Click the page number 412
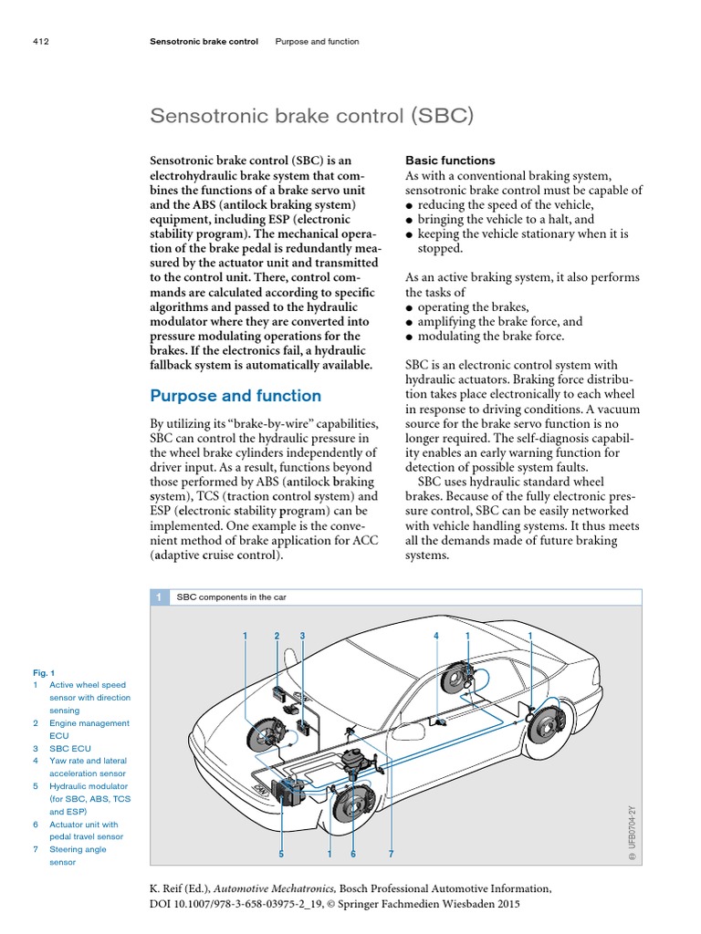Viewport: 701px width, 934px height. [39, 41]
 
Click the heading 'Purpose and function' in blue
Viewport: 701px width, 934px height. [235, 396]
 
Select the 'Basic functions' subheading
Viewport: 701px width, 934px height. [450, 160]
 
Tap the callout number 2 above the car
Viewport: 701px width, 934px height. [277, 635]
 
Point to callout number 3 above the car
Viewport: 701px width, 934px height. [301, 635]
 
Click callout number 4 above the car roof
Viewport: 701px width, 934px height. [436, 635]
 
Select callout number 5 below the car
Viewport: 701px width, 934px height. [282, 855]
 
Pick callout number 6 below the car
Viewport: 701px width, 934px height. [352, 855]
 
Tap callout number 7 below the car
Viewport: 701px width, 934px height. [390, 855]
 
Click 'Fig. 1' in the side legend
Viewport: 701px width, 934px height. [44, 672]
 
